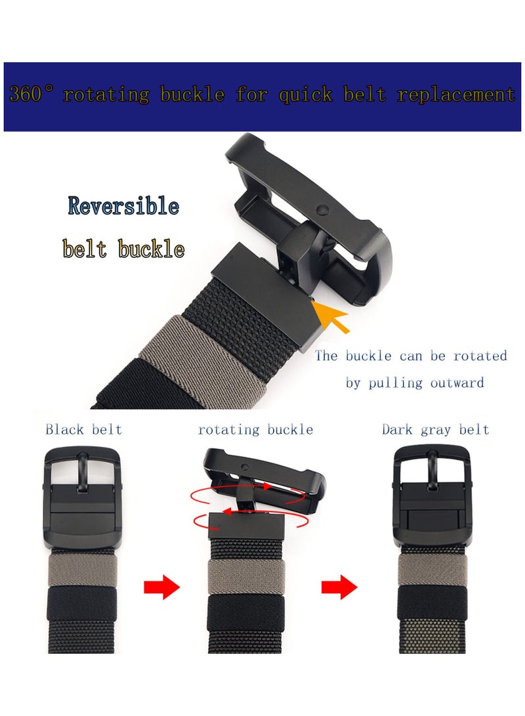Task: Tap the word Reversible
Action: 123,206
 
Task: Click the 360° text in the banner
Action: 33,95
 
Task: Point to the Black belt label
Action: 83,430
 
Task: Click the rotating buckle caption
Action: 255,430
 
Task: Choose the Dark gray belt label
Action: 436,430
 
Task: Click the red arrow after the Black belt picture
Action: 161,585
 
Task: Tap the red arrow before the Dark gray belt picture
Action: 339,585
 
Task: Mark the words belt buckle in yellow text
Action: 123,249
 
